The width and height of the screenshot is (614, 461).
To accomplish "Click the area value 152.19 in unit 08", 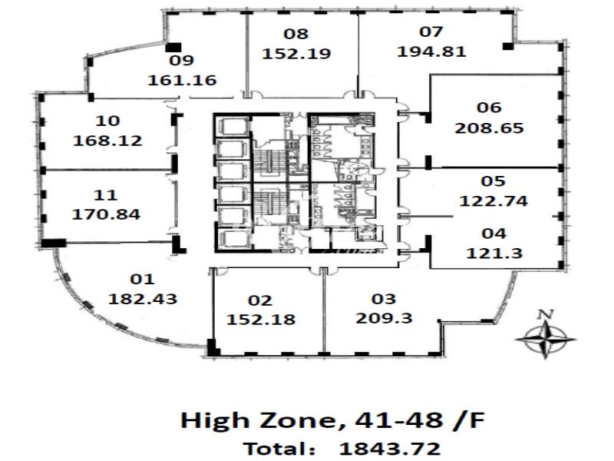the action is pos(296,54).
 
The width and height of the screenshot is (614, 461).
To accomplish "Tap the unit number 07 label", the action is pos(431,32).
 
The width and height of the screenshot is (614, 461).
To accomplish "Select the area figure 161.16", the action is pos(182,81).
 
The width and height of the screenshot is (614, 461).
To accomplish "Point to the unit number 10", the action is pos(107,121).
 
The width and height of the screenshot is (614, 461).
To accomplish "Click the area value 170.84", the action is pos(106,214).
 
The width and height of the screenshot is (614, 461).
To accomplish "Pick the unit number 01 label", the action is pos(142,280).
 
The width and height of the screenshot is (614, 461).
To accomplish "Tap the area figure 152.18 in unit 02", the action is pos(261,320).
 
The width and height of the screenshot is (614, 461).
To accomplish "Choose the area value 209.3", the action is pos(384,318).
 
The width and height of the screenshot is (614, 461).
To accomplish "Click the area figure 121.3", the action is pos(494,254).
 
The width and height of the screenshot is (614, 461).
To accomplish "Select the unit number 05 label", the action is pos(493,181).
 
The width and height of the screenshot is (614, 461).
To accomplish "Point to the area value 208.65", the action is pos(489,128).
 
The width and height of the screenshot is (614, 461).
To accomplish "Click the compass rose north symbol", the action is pos(545,339).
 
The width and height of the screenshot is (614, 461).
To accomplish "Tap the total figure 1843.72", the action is pos(390,449).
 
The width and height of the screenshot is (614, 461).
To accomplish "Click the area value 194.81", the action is pos(431,51).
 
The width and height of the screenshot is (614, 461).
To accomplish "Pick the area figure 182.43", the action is pos(143,299).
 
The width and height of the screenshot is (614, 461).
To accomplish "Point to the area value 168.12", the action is pos(107,141).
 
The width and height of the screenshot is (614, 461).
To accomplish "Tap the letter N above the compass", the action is pos(546,314).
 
